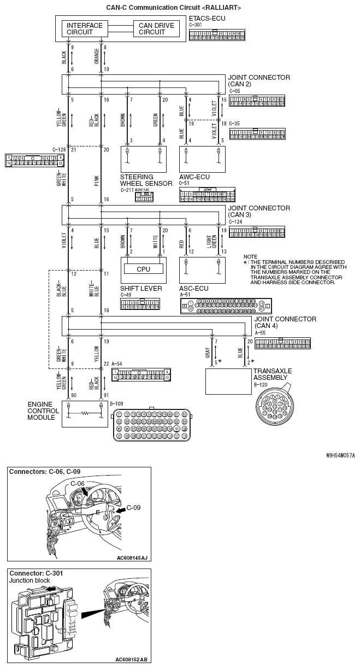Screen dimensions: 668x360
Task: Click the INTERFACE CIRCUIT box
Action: [x=85, y=28]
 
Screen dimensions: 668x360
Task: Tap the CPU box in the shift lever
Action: [x=144, y=269]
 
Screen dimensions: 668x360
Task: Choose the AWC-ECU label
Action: [x=194, y=177]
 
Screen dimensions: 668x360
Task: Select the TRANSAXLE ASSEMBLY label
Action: [x=273, y=374]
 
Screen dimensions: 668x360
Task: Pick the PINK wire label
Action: [x=96, y=181]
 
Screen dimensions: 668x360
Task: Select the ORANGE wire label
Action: [x=96, y=57]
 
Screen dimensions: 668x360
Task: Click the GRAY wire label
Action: [x=208, y=354]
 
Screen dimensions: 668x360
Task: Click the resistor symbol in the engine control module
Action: [x=85, y=414]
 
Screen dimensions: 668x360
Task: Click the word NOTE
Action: [x=250, y=256]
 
